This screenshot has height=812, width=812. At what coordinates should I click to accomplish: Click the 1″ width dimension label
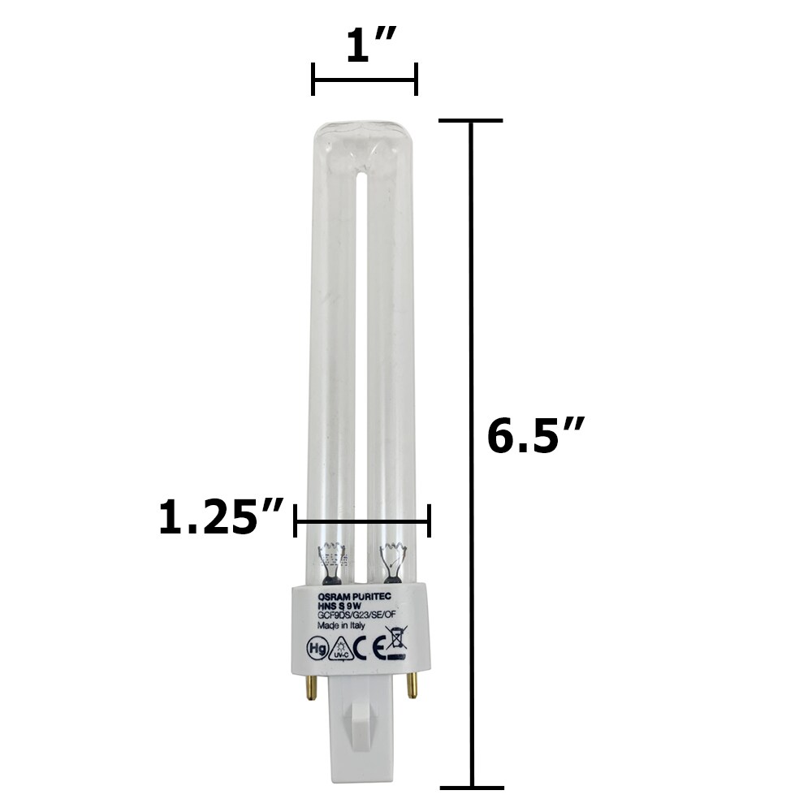(x=365, y=48)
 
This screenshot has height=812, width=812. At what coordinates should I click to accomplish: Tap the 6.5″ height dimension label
(x=536, y=437)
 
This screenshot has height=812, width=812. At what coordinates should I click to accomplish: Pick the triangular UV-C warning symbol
(x=341, y=650)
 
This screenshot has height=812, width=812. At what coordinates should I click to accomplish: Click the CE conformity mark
(x=370, y=650)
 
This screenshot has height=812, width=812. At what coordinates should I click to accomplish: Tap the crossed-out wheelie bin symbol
(x=397, y=649)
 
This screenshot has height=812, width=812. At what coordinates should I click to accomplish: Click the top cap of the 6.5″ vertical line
(x=471, y=121)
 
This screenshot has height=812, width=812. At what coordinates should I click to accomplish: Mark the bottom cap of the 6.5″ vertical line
(x=471, y=786)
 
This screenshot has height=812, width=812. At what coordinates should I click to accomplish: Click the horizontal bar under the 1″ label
(x=365, y=80)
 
